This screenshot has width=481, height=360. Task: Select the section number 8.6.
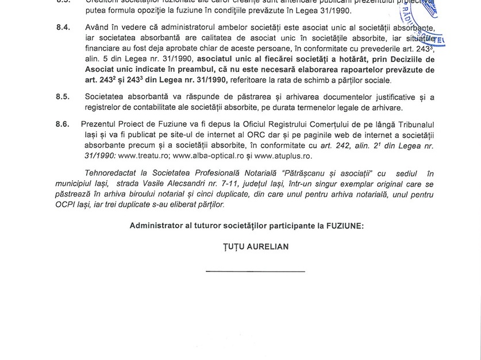pos(63,124)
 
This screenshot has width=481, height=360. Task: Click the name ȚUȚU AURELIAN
pos(255,246)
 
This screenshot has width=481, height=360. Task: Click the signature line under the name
pos(255,270)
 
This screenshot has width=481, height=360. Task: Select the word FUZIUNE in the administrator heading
pos(343,226)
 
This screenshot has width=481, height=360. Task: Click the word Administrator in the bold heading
pos(157,226)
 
